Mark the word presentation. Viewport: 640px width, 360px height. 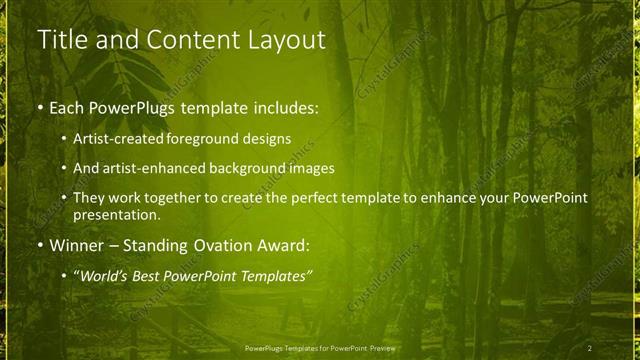point(116,214)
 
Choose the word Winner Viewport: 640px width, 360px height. point(76,245)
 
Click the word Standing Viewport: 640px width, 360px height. point(160,245)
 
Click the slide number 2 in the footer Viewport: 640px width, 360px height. point(590,348)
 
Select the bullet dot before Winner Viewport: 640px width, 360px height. point(40,245)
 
